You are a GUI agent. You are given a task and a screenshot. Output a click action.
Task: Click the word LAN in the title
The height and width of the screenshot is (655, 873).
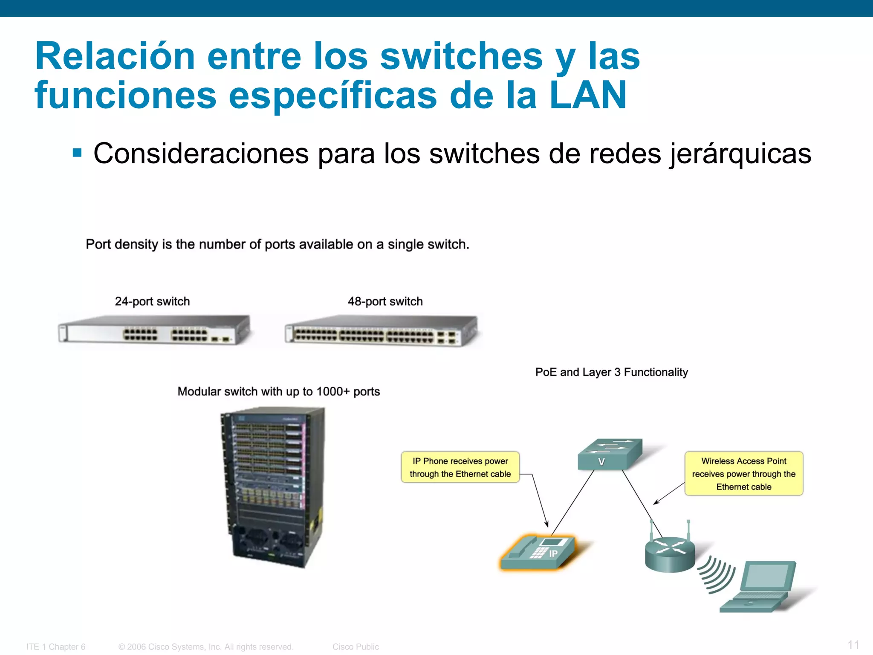(588, 95)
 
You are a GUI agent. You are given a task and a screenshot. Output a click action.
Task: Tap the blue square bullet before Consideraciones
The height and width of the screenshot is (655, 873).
(77, 153)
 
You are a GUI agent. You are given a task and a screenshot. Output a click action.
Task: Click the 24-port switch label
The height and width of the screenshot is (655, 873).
(152, 301)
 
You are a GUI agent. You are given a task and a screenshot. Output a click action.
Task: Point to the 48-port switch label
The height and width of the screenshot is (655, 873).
(385, 301)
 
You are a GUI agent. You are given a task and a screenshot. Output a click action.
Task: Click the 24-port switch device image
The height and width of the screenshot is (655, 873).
(154, 330)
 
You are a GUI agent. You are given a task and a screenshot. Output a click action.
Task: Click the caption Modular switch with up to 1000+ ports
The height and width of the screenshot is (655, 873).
(278, 391)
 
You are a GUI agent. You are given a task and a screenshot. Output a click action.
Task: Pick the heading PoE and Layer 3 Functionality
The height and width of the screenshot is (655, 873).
(611, 372)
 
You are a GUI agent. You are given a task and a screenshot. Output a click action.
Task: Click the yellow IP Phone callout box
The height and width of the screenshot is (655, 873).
(460, 467)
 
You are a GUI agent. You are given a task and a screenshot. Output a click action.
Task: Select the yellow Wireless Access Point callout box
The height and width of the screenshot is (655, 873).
(743, 474)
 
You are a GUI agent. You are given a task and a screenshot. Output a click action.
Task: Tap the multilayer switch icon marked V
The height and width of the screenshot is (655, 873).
(610, 455)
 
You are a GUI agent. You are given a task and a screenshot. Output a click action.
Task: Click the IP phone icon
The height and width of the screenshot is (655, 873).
(539, 553)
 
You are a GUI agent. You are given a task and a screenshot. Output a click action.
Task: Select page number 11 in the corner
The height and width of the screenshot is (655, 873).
(853, 645)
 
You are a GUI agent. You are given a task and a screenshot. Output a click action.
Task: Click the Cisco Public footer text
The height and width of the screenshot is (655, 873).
(356, 647)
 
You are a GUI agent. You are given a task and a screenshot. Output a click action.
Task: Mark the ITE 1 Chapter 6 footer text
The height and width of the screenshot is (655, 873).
(56, 647)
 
